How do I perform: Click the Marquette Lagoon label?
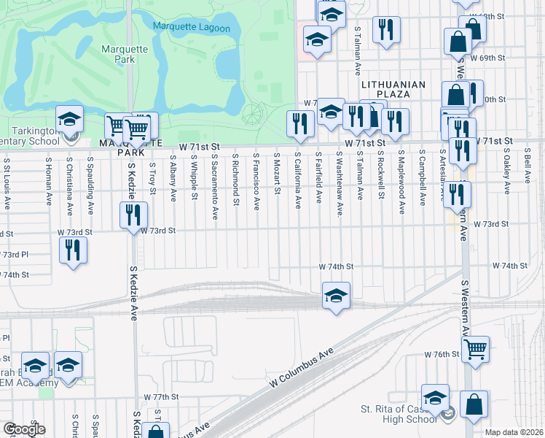click(x=192, y=28)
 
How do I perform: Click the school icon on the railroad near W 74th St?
click(x=336, y=296)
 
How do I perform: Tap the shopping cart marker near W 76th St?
click(x=475, y=349)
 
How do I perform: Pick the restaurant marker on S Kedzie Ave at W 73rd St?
click(x=133, y=215)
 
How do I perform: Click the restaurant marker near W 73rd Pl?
click(x=74, y=250)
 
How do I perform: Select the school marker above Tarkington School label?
click(x=69, y=119)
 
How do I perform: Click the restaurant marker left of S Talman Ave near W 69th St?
click(x=385, y=30)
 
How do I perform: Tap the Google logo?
click(x=23, y=429)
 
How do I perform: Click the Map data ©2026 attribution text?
click(x=514, y=432)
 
